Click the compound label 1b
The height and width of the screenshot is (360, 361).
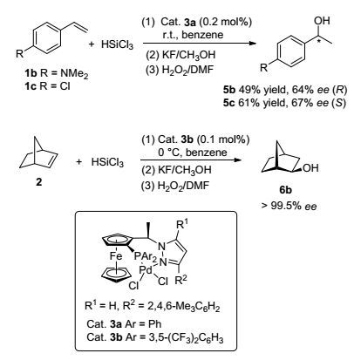(31, 73)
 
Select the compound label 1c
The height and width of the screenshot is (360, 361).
(31, 86)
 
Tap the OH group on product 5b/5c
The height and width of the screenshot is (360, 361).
(322, 20)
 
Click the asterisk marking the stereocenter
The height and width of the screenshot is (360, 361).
(318, 37)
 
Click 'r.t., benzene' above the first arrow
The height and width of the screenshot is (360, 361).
(193, 35)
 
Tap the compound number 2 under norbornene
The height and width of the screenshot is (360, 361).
(38, 182)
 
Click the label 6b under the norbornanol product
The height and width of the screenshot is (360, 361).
(285, 190)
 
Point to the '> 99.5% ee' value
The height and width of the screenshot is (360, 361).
(289, 206)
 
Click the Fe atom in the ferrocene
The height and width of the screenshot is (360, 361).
(116, 256)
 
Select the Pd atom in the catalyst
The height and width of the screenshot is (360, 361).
(146, 269)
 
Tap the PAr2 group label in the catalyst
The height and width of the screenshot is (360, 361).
(146, 256)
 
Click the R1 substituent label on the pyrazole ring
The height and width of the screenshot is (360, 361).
(181, 225)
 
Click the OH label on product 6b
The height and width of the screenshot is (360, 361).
(310, 168)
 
